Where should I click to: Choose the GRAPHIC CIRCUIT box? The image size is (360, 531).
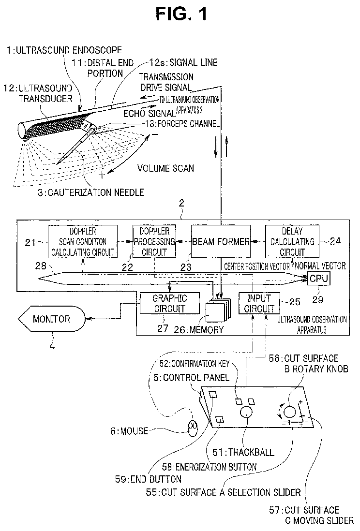coord(169,303)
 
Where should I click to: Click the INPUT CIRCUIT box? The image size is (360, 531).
coord(259,303)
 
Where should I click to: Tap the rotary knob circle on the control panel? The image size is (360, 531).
coord(289,412)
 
